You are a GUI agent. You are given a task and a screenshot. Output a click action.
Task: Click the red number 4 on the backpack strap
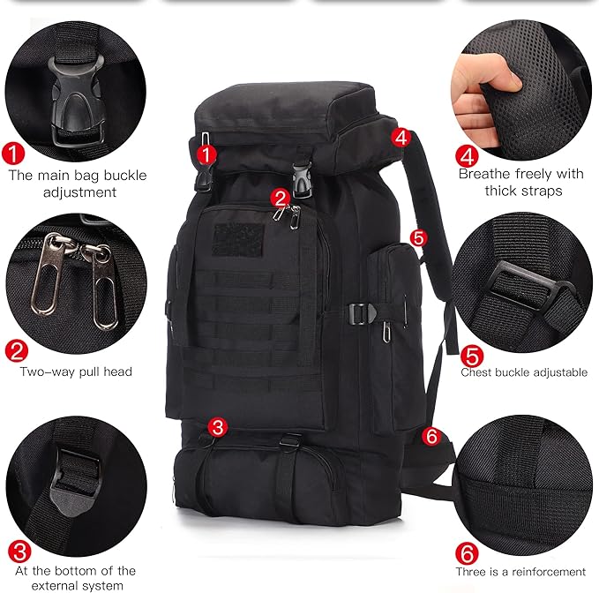(x=401, y=138)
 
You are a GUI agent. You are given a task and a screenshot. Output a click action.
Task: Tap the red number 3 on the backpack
(x=218, y=427)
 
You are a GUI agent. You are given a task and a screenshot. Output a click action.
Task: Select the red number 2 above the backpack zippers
(x=281, y=199)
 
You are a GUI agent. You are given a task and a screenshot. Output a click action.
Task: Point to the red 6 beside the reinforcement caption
(x=467, y=553)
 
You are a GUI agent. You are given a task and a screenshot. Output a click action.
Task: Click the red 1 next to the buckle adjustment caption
(x=13, y=154)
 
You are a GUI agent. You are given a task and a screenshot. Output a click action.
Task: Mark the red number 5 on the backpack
(x=419, y=237)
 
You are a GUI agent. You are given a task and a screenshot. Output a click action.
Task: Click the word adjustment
(x=79, y=191)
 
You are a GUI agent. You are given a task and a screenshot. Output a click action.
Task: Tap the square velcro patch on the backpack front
(x=238, y=239)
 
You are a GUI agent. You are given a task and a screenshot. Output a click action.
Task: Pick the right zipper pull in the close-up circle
(x=102, y=287)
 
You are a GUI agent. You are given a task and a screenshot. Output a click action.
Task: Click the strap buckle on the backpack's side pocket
(x=362, y=314)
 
